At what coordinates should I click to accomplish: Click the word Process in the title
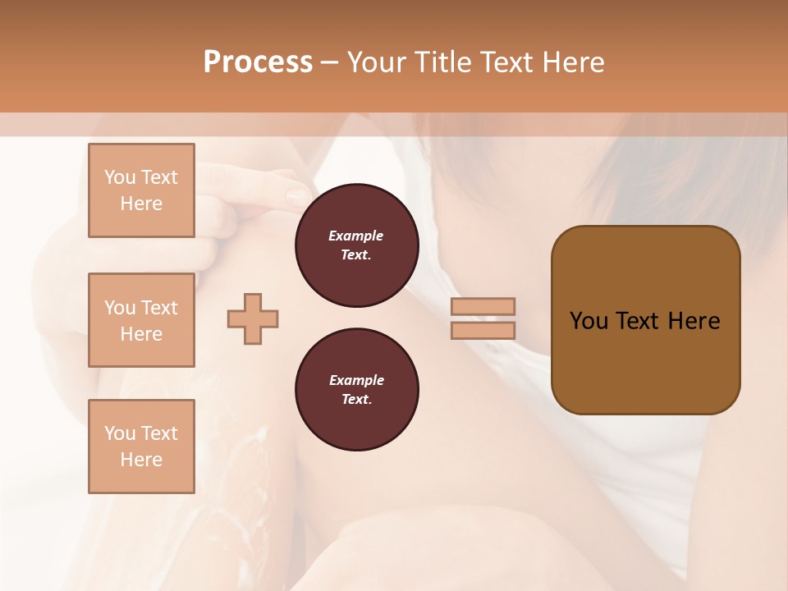pyautogui.click(x=258, y=62)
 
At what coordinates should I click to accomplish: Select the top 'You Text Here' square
pyautogui.click(x=141, y=190)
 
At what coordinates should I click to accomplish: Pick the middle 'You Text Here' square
pyautogui.click(x=141, y=320)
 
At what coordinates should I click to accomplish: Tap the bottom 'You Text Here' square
pyautogui.click(x=141, y=447)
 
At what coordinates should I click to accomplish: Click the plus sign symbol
pyautogui.click(x=253, y=318)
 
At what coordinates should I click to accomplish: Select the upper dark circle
pyautogui.click(x=356, y=245)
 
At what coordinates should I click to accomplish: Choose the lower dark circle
pyautogui.click(x=356, y=390)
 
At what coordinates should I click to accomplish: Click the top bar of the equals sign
pyautogui.click(x=483, y=306)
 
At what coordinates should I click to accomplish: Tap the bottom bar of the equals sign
pyautogui.click(x=483, y=331)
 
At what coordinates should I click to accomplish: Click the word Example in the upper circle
pyautogui.click(x=356, y=236)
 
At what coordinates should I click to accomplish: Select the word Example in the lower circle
pyautogui.click(x=356, y=380)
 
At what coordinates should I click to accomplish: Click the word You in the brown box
pyautogui.click(x=588, y=321)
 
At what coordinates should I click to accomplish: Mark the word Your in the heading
pyautogui.click(x=378, y=62)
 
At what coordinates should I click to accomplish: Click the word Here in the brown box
pyautogui.click(x=694, y=321)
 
